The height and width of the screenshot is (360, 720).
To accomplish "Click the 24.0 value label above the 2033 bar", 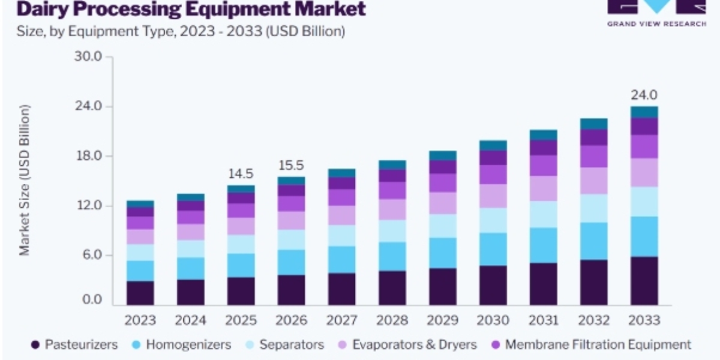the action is click(x=644, y=95).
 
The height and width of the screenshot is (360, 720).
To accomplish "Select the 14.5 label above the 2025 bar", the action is click(x=241, y=174).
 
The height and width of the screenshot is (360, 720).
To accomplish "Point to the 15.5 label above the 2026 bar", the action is click(x=291, y=166).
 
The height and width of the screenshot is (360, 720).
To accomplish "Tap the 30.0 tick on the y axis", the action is click(x=88, y=56).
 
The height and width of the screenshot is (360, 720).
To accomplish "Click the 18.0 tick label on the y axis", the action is click(x=88, y=155).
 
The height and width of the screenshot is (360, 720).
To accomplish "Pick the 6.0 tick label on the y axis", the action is click(x=92, y=255).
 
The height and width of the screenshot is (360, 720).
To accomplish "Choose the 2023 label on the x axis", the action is click(x=140, y=320).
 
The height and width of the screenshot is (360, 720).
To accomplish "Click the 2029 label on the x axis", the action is click(x=443, y=320).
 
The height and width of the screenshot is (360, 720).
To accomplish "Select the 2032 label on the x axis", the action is click(x=593, y=320).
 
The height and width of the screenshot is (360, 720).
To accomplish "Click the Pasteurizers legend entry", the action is click(x=74, y=344).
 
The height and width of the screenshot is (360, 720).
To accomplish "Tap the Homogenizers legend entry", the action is click(x=182, y=344).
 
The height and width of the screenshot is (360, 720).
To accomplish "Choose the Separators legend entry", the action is click(x=285, y=344).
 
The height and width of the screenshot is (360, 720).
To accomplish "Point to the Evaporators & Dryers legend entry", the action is click(x=407, y=344).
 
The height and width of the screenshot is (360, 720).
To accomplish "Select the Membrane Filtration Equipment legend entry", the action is click(x=592, y=344).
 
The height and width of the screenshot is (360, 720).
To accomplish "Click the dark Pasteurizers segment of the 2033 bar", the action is click(x=644, y=281).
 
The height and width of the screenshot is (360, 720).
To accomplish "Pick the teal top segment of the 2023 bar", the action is click(x=140, y=204).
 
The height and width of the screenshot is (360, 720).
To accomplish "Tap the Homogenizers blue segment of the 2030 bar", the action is click(x=493, y=250).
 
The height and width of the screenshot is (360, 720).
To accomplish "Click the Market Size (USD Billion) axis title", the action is click(x=25, y=181).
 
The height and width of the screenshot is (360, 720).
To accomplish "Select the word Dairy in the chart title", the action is click(x=43, y=9).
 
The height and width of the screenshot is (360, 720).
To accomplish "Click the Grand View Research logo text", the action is click(x=656, y=24).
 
